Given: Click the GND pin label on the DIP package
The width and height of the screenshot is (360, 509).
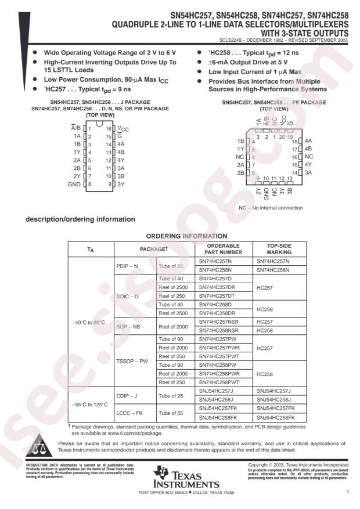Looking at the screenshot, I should tap(73, 184).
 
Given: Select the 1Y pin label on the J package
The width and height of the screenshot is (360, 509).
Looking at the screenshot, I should tap(75, 151).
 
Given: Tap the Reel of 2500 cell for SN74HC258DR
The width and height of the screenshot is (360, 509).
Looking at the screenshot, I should tap(174, 313).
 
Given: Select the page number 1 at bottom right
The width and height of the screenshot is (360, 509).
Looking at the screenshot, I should tap(347, 493).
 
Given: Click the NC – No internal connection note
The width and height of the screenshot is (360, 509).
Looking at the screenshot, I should tap(271, 207).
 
